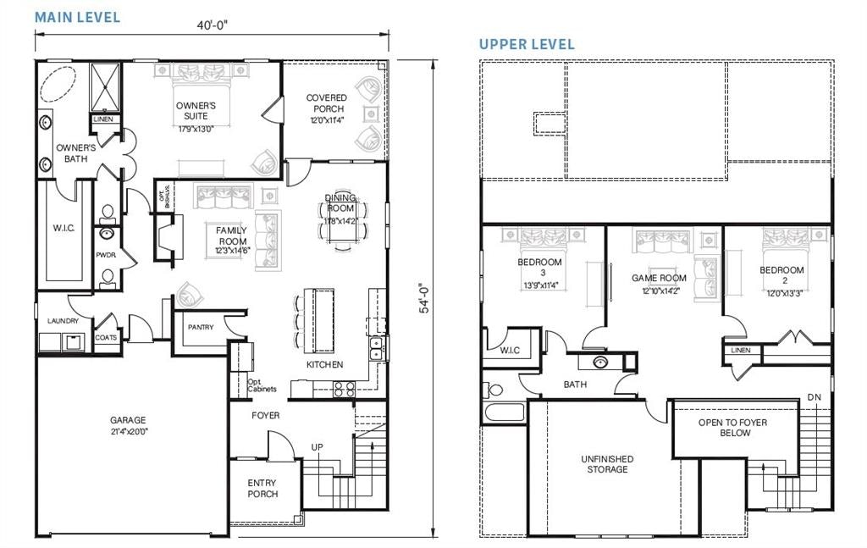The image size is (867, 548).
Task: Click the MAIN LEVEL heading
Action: [77, 17]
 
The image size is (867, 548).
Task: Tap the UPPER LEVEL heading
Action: [527, 44]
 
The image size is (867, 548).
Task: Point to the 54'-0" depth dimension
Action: [427, 298]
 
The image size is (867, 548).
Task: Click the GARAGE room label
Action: [128, 424]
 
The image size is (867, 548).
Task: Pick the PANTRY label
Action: [201, 327]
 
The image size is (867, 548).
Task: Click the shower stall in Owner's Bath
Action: [106, 87]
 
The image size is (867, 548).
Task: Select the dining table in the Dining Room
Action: [341, 223]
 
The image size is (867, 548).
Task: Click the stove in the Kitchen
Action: [344, 389]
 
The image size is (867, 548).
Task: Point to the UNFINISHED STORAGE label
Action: [607, 464]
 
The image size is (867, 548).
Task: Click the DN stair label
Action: [815, 396]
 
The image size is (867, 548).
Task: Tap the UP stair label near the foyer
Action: [318, 446]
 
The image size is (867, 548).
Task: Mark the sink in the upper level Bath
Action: [600, 363]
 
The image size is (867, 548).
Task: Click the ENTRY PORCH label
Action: [262, 488]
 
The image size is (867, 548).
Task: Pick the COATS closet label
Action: [107, 336]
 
